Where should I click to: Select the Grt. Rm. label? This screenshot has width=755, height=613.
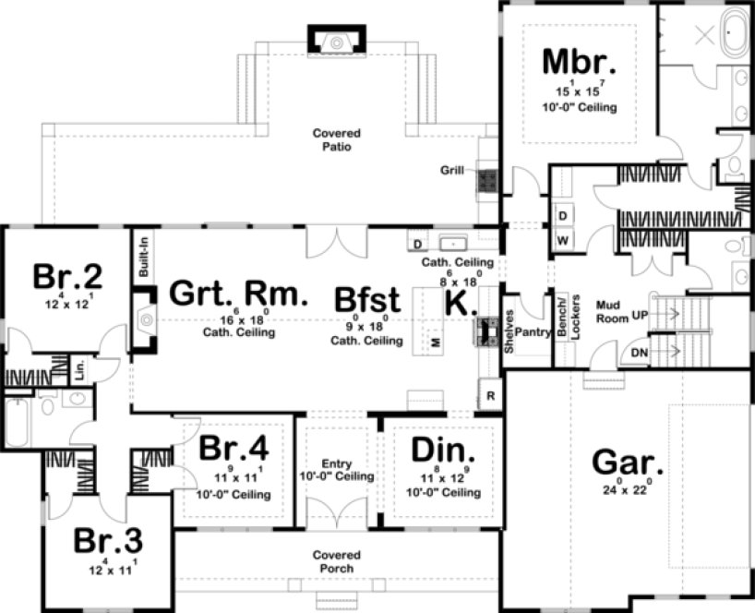237,294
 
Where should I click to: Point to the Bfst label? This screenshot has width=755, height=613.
366,300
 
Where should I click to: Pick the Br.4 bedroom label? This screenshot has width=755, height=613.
234,449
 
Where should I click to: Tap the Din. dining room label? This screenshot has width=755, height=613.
443,451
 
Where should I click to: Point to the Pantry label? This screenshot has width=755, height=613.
530,331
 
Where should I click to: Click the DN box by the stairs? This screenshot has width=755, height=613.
639,353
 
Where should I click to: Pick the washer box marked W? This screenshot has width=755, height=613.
562,239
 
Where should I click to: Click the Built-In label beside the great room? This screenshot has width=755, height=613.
143,256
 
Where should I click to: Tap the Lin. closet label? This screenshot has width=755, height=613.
80,370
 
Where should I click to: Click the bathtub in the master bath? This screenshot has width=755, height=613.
734,33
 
